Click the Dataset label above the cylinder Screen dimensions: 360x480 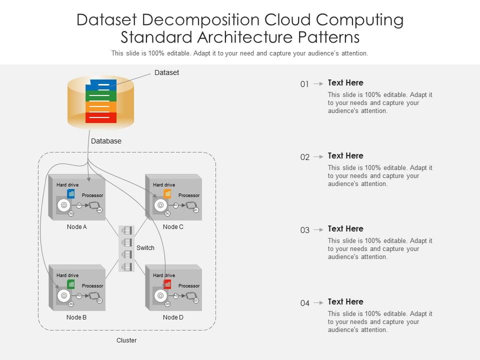coord(166,73)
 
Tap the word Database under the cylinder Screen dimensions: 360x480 coord(106,141)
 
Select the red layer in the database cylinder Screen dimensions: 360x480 coord(101,117)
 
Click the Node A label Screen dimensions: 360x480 coord(76,227)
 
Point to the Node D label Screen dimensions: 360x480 coord(173,317)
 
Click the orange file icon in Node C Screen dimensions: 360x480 coord(167,193)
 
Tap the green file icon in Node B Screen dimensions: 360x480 coord(71,284)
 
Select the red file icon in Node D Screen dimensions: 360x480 coord(167,284)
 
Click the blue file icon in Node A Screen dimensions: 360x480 coord(71,193)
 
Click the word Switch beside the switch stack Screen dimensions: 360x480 coord(145,248)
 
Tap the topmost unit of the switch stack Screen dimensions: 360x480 coord(127,230)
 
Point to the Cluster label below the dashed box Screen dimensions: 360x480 coord(126,340)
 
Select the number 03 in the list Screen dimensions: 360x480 coord(304,230)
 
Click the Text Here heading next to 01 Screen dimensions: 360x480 coord(345,83)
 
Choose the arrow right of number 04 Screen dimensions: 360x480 coord(318,303)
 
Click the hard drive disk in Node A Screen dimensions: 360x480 coord(64,205)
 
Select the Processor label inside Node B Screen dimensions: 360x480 coord(92,286)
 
